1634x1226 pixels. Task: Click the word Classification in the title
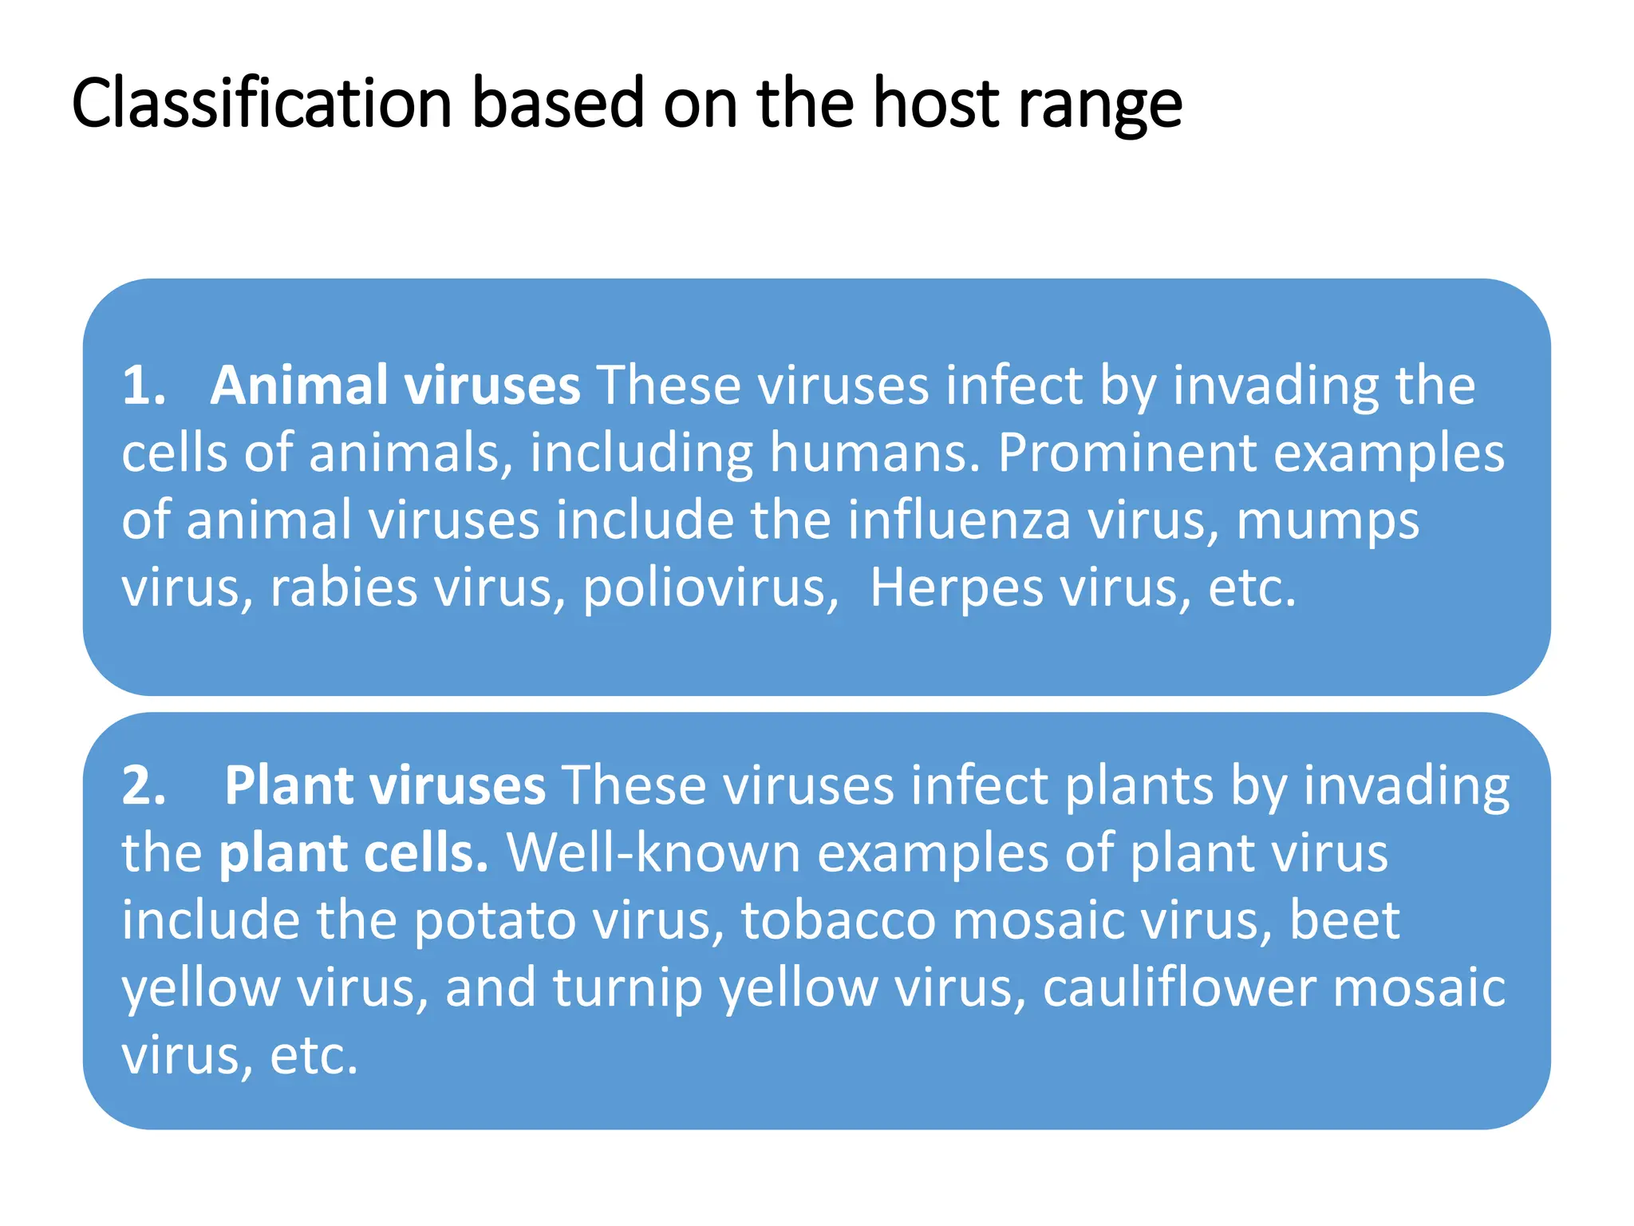point(262,104)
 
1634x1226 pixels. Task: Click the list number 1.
point(143,386)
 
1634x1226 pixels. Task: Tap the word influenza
point(958,520)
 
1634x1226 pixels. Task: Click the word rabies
point(343,588)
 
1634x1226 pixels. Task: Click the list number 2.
point(144,785)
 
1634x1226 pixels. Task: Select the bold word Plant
point(289,785)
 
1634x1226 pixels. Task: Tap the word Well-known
point(653,853)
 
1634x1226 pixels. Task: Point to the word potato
point(495,921)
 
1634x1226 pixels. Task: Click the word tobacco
point(838,920)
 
